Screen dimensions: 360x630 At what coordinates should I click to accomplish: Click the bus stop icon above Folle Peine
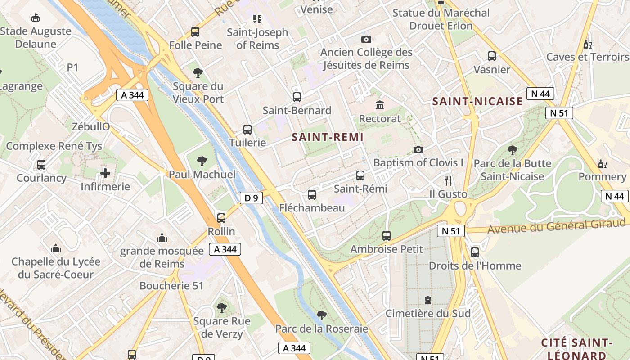point(195,32)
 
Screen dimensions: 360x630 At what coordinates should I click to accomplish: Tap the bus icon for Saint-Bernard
point(297,97)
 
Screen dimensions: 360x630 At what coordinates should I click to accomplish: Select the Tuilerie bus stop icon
point(247,130)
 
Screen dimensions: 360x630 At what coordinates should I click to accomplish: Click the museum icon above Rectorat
point(379,105)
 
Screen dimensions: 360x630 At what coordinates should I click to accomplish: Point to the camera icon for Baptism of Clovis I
point(418,149)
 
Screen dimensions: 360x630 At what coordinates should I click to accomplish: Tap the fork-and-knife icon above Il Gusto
point(448,181)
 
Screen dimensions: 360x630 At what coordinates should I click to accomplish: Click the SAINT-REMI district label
point(327,137)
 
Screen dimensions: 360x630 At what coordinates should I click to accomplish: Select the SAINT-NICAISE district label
point(477,102)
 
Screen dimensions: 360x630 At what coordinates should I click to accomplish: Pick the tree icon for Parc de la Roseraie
point(321,315)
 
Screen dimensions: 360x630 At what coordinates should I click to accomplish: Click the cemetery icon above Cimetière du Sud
point(427,300)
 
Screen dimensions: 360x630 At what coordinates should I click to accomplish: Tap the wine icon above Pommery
point(602,163)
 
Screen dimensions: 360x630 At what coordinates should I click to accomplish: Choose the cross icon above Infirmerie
point(105,173)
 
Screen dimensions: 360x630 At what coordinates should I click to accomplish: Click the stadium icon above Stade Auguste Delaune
point(36,18)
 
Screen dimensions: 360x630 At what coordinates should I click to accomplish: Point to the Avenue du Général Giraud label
point(556,226)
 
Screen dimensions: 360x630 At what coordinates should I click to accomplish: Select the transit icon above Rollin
point(221,218)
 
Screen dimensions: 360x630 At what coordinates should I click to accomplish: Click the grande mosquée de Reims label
point(162,257)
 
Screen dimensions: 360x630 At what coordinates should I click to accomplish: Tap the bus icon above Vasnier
point(492,56)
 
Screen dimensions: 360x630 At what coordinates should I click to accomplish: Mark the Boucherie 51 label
point(171,286)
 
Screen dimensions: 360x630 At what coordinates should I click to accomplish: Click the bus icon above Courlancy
point(41,165)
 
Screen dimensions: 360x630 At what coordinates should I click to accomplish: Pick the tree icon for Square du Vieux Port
point(198,73)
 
